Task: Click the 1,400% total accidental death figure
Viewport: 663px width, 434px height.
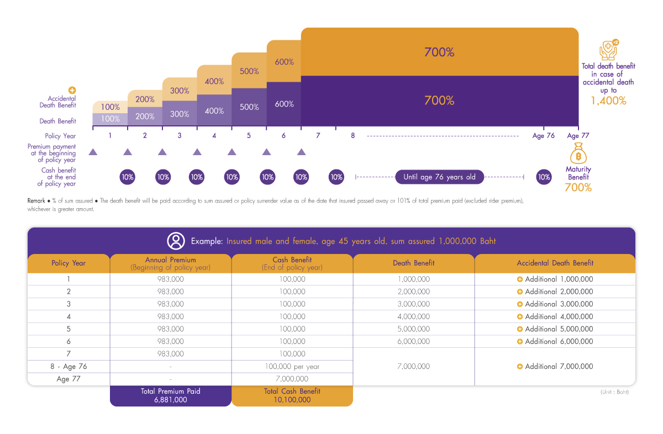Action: (x=608, y=101)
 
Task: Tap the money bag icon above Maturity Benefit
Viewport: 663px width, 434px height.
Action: (x=578, y=154)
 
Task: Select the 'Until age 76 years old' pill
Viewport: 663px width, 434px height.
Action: (x=439, y=177)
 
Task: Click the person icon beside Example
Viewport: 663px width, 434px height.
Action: (x=176, y=241)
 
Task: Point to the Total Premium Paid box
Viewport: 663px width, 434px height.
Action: (x=170, y=395)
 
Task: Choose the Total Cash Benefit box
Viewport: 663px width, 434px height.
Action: (x=292, y=395)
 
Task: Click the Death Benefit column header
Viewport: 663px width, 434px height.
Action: (x=413, y=263)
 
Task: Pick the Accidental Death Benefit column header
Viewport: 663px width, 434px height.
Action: (x=555, y=263)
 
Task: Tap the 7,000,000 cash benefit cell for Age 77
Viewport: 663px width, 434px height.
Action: (x=292, y=379)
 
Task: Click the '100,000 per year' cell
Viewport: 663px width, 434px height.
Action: (x=292, y=367)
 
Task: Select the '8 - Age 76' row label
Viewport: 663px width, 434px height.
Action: (x=69, y=367)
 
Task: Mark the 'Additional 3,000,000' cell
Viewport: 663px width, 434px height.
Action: (x=555, y=304)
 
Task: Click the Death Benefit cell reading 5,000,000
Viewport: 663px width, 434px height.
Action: (x=413, y=329)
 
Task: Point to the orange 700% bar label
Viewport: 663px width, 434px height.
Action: (x=439, y=52)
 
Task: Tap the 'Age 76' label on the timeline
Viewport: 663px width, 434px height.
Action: (x=543, y=136)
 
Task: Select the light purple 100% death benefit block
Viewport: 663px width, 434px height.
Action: (x=110, y=119)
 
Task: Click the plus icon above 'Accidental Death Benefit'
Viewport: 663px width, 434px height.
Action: (x=72, y=90)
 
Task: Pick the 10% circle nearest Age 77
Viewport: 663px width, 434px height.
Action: (x=544, y=177)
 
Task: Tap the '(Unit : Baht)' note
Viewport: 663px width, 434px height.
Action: (x=614, y=392)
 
